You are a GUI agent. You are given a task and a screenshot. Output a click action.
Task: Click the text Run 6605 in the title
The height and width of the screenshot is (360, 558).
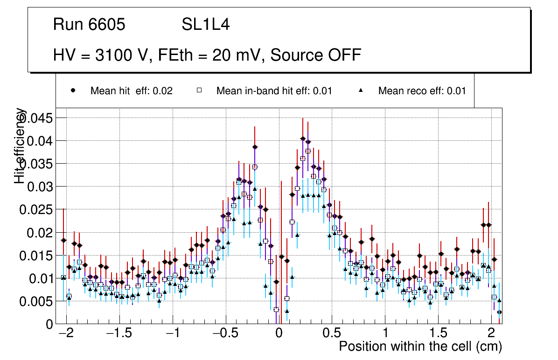coord(89,25)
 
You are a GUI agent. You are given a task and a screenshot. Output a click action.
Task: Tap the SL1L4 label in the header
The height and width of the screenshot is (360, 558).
coord(206,25)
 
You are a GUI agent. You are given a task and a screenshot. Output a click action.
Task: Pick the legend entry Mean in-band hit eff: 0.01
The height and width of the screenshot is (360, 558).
coord(274,91)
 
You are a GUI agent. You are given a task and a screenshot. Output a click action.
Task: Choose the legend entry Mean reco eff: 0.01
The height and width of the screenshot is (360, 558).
coord(422,91)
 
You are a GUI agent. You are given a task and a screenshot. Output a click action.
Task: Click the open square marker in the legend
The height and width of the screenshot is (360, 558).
coord(199,91)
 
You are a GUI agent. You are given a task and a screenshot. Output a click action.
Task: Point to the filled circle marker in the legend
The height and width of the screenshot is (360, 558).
coord(72,90)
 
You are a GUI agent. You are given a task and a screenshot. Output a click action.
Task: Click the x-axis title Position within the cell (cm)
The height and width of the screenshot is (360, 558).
coord(420,346)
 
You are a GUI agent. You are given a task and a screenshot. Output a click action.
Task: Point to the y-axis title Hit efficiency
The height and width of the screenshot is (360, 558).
coord(20,145)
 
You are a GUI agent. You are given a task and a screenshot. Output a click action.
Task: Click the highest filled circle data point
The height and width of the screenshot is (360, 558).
coord(303,138)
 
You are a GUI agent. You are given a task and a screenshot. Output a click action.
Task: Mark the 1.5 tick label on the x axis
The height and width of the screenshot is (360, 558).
coord(438,334)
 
